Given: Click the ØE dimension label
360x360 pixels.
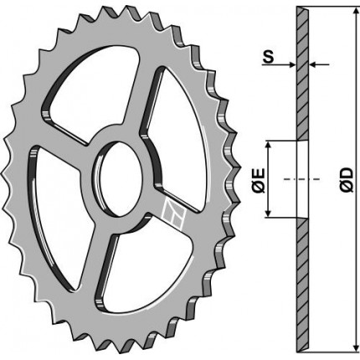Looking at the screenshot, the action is tap(259, 180).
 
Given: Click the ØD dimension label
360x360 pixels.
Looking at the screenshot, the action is tap(347, 180).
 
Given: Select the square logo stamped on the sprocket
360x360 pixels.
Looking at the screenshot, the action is tap(173, 214).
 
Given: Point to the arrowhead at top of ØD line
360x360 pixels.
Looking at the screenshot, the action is tap(356, 12).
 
